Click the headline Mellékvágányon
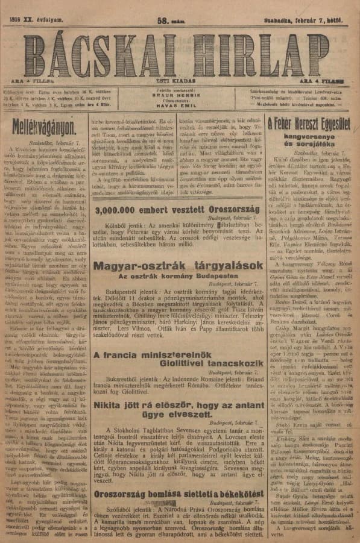pyautogui.click(x=44, y=125)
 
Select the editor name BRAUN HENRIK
pyautogui.click(x=178, y=95)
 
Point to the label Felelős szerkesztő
pyautogui.click(x=178, y=88)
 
